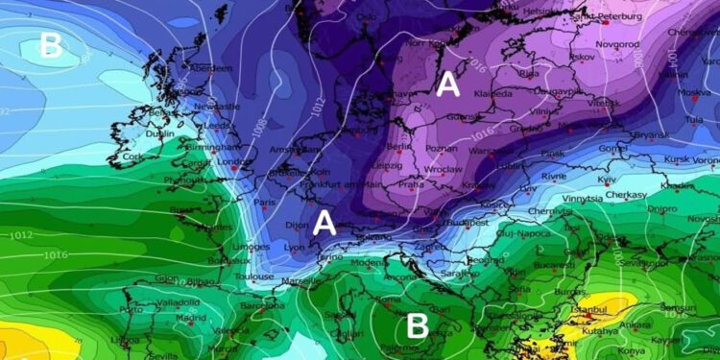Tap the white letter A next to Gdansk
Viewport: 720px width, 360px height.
tap(447, 85)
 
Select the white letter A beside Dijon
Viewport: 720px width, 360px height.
tap(324, 223)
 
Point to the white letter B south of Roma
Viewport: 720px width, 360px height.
tap(417, 325)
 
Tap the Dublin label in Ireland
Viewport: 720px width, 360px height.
tap(159, 134)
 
